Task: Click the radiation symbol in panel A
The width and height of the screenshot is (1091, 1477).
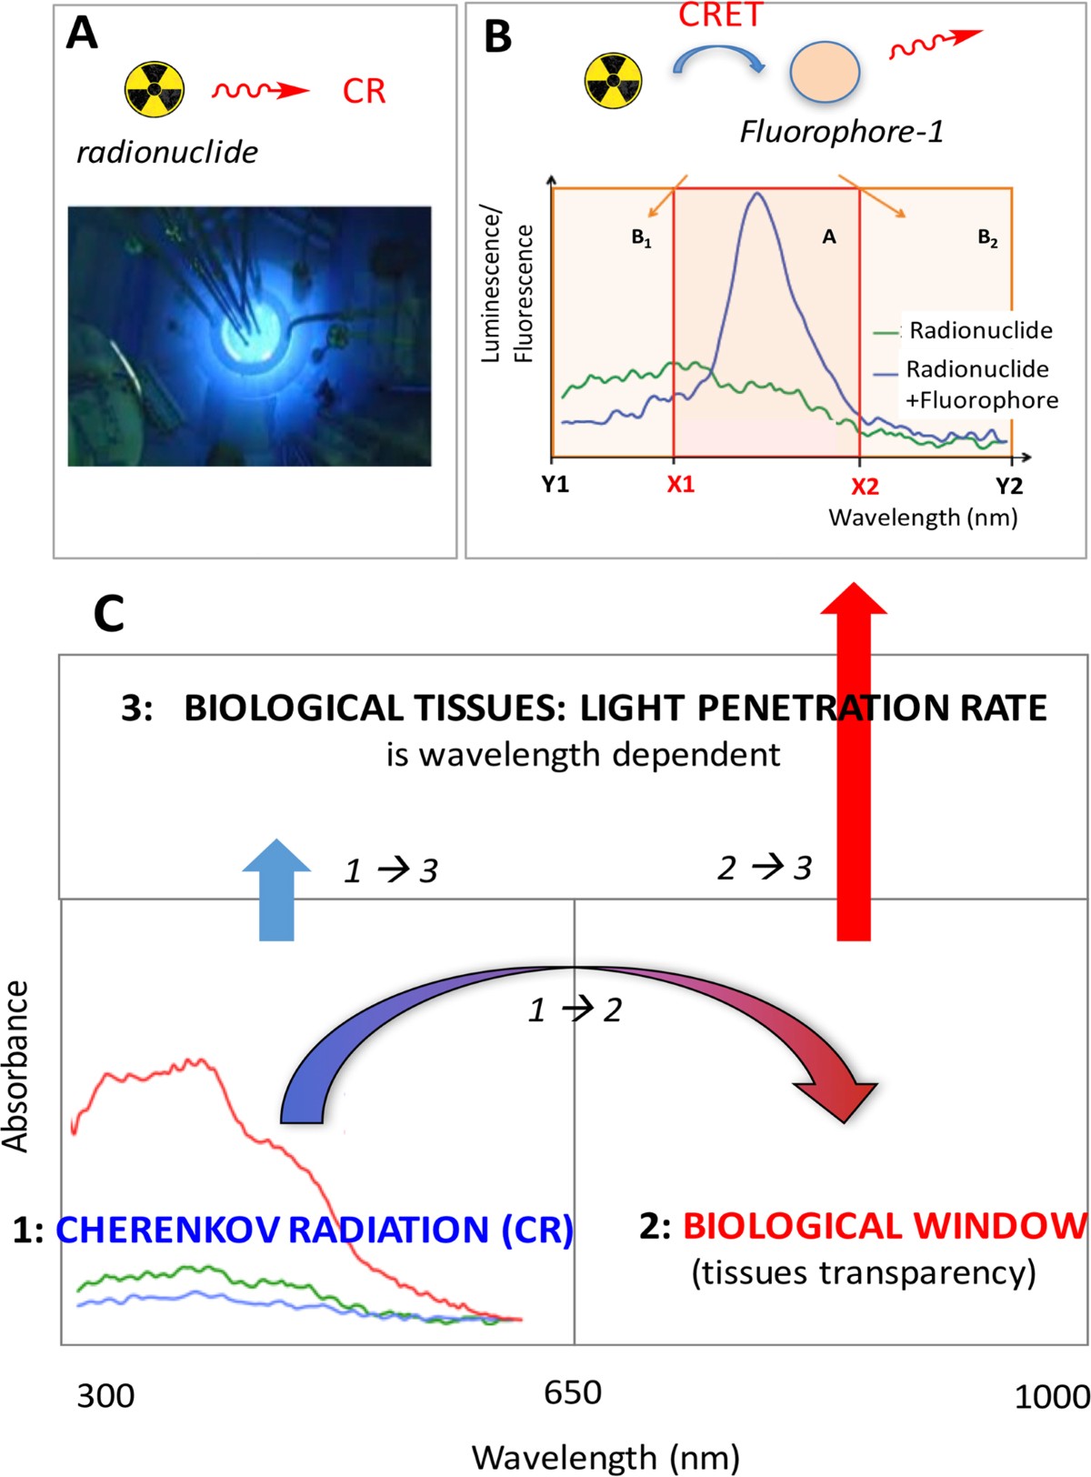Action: tap(155, 90)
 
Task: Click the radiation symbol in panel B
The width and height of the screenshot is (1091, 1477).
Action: tap(614, 80)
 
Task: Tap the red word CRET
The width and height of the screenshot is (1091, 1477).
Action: tap(720, 15)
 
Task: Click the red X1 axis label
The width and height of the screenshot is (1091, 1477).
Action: tap(680, 485)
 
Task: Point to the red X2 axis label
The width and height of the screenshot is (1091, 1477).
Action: tap(865, 487)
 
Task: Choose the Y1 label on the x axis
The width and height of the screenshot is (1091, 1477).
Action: tap(556, 485)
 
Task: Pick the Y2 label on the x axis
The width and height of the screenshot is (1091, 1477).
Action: tap(1008, 486)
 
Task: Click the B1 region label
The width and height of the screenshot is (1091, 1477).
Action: tap(642, 239)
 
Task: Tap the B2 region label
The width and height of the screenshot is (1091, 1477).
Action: tap(987, 238)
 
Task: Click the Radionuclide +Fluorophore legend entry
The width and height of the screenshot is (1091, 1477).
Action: tap(980, 385)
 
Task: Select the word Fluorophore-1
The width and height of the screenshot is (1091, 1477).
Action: tap(842, 133)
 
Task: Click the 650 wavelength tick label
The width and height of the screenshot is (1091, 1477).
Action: tap(573, 1392)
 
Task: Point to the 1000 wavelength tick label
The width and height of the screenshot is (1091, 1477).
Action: tap(1052, 1396)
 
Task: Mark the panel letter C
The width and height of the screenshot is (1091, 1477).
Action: tap(109, 615)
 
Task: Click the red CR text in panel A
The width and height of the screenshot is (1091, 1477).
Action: tap(365, 91)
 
